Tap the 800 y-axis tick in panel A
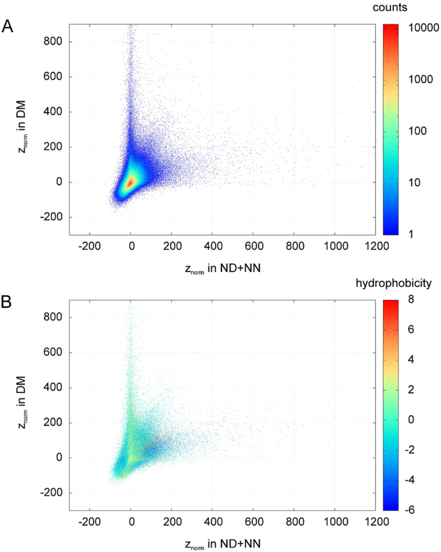[x=54, y=42]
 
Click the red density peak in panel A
[x=131, y=182]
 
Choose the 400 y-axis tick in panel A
[x=54, y=112]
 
